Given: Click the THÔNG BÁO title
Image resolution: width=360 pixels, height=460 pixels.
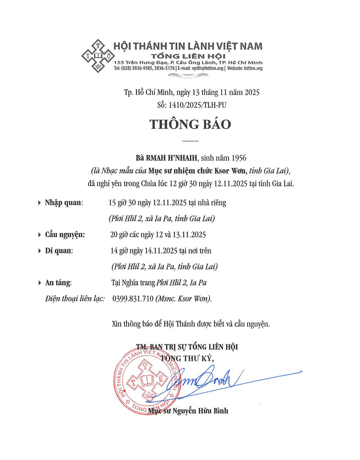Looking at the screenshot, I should click(x=190, y=124).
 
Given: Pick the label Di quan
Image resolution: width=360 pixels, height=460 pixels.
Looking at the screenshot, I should click(x=59, y=251).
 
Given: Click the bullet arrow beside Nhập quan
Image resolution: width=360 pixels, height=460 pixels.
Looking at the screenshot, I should click(x=39, y=203).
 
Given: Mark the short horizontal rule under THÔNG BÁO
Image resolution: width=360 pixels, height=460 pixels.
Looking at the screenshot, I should click(x=190, y=141).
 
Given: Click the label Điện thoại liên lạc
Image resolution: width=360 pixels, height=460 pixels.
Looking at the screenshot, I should click(x=75, y=299).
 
